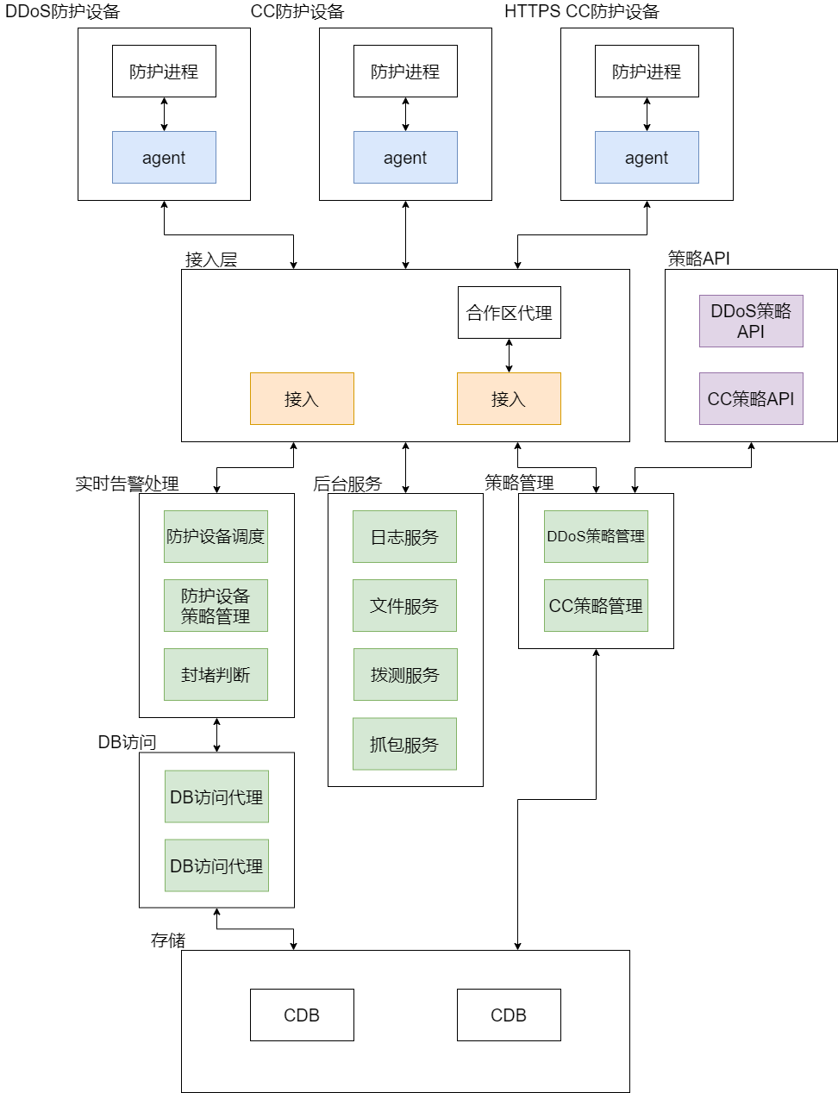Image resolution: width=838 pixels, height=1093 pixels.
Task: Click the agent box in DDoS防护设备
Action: pos(164,157)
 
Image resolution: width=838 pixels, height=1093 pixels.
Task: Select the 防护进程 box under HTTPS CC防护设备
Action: pos(647,71)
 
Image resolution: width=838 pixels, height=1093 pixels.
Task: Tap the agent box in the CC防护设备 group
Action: pos(405,157)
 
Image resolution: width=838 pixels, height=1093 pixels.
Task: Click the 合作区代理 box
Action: pos(509,312)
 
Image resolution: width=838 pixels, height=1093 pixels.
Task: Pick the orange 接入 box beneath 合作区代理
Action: pos(509,398)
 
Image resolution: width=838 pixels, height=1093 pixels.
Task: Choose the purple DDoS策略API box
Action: pos(751,321)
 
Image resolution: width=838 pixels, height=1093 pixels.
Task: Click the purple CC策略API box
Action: pos(751,398)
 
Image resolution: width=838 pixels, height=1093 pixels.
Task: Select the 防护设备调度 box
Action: pos(216,536)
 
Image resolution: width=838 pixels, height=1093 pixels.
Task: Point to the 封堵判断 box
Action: pos(216,674)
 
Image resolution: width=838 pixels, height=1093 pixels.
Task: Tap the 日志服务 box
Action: pos(404,536)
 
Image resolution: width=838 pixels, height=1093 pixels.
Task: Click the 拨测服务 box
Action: pos(404,674)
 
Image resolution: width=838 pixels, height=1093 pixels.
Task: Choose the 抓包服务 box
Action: pos(404,743)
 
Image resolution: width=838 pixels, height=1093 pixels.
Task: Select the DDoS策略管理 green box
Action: pos(596,536)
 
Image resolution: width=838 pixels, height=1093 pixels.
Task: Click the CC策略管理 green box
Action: pos(596,605)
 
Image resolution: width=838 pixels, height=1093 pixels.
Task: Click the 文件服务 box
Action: pos(404,605)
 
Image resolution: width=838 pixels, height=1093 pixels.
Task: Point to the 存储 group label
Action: pos(168,940)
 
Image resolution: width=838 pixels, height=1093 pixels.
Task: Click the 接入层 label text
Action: pos(210,259)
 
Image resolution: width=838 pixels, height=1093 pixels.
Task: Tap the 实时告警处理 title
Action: pos(127,484)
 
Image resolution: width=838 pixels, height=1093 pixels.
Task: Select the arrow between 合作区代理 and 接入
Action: pos(509,355)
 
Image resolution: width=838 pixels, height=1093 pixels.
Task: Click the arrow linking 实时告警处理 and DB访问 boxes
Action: pos(216,734)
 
